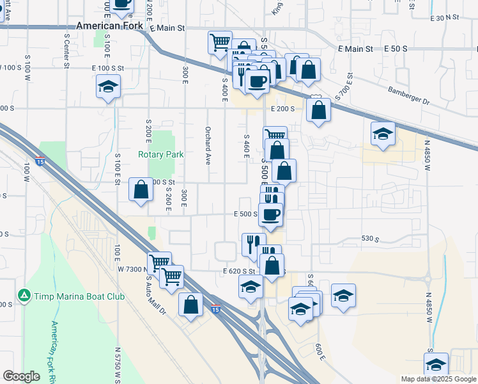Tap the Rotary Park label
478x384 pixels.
tap(160, 154)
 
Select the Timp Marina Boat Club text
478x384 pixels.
tap(69, 296)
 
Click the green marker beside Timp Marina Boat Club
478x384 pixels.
tap(24, 296)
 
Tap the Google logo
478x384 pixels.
tap(21, 376)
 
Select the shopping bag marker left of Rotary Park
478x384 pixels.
tap(141, 190)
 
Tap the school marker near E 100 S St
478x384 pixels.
tap(108, 88)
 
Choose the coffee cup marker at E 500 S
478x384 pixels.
tap(271, 214)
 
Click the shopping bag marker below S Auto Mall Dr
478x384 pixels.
tap(190, 305)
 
